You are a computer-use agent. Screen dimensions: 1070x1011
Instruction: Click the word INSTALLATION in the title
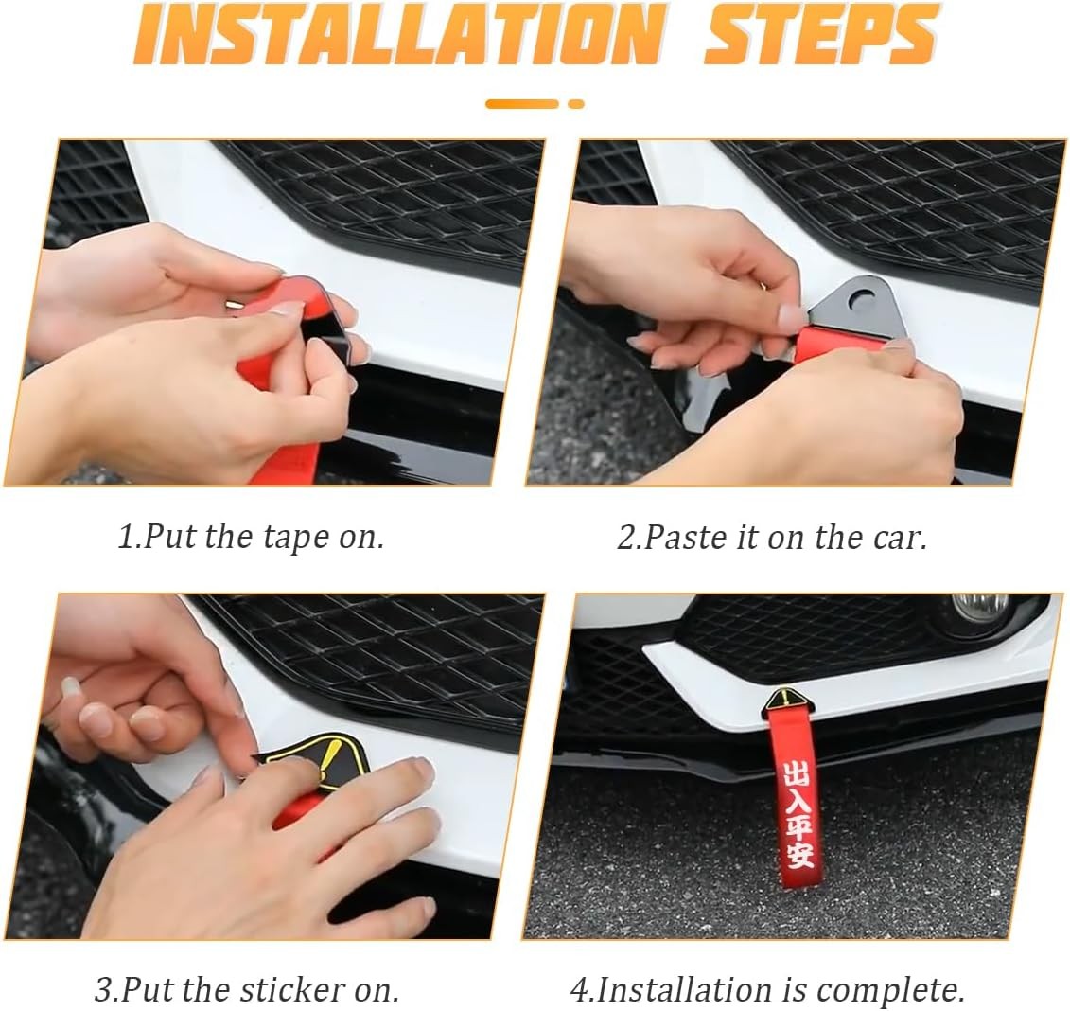coord(397,34)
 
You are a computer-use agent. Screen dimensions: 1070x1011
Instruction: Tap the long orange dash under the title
coord(522,104)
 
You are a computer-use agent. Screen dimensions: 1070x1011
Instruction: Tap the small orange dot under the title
coord(576,104)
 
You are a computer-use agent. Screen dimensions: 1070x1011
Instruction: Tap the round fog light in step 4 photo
coord(983,605)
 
